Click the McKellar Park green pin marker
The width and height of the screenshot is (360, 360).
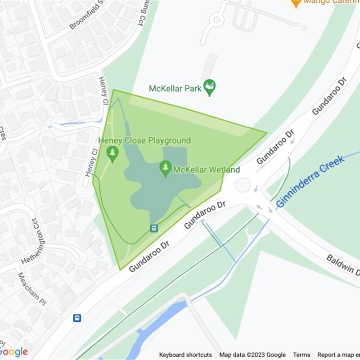point(209,87)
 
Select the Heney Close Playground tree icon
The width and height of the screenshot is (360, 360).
point(112,154)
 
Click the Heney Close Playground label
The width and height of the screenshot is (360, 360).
point(145,141)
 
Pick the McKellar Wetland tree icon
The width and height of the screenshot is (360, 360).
point(166,169)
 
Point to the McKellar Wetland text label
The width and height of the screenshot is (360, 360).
point(207,170)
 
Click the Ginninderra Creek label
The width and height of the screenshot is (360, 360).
point(310,181)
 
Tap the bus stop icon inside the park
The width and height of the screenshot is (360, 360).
point(154,228)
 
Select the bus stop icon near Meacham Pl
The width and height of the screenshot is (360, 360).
point(77,318)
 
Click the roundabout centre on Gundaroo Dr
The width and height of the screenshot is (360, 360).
point(243,184)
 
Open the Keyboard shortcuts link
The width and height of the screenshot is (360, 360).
point(185,355)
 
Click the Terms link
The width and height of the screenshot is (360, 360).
point(301,355)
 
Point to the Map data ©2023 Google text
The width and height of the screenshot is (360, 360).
point(252,355)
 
